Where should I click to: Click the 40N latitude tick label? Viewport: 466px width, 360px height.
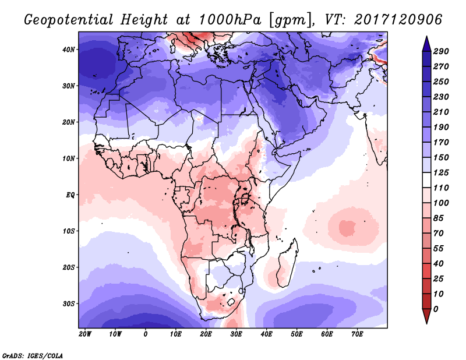[69, 50]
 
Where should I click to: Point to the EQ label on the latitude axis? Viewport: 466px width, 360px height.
[70, 195]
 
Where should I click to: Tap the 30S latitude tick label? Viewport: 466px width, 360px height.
[69, 303]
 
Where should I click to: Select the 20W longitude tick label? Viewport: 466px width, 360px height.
[85, 334]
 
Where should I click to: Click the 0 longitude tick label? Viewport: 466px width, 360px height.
[146, 334]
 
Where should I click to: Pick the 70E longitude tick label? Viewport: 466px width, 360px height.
[357, 334]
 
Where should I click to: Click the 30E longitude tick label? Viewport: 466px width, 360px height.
[236, 334]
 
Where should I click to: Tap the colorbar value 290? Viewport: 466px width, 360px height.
[440, 52]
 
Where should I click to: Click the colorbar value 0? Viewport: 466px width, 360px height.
[436, 309]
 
